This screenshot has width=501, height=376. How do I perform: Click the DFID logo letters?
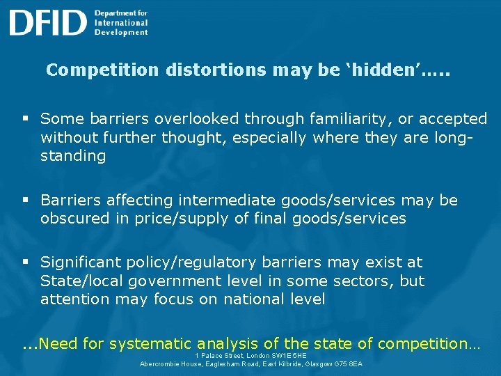click(x=47, y=22)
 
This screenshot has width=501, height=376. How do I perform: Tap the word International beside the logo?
click(x=122, y=22)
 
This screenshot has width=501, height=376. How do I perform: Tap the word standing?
click(x=73, y=156)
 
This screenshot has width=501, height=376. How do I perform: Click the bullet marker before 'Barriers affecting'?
click(x=25, y=201)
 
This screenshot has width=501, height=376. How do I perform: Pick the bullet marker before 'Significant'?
click(x=25, y=263)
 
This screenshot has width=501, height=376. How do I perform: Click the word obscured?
click(x=75, y=219)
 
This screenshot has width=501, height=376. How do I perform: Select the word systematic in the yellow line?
click(x=152, y=343)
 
